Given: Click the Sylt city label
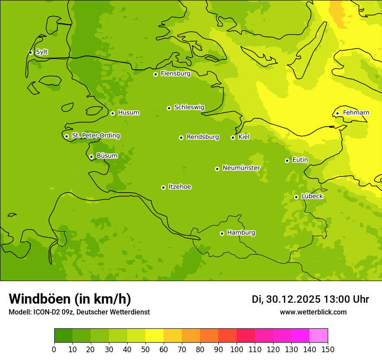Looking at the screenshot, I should pos(42,52).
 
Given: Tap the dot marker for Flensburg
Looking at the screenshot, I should pos(155,74).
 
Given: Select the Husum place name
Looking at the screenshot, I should pos(128,113).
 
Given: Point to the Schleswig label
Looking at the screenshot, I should pos(189,107).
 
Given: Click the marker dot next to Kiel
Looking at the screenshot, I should pos(233,137).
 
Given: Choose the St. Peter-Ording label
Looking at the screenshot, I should pos(95,136).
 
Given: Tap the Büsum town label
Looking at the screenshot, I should pos(107,156).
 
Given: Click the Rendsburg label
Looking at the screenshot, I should pos(203,137).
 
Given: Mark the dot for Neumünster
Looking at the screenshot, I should pos(217,169).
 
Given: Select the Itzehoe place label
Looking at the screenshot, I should pos(180,187).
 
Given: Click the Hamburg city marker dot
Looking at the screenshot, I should pos(222,233).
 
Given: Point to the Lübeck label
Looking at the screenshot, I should pos(312,196).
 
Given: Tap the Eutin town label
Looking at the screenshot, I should pos(300,160).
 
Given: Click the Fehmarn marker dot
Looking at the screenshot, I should pos(337,113).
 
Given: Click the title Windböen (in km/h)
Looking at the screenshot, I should pos(70,299).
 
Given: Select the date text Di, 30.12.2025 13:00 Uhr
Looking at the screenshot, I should pos(310,299).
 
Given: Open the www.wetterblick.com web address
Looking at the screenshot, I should pos(313,312).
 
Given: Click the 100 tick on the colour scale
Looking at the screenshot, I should pos(237,349).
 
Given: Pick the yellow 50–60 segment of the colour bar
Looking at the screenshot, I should pos(155,336).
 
